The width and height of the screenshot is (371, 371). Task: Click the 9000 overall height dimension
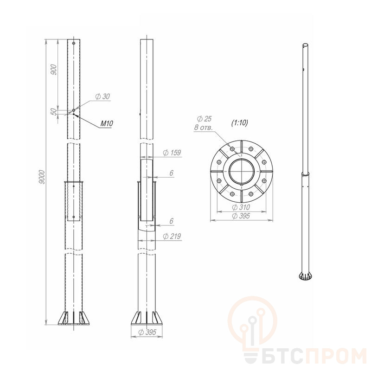[42, 177]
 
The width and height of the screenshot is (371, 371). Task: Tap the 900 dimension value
[54, 70]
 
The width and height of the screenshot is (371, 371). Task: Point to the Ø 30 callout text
[102, 96]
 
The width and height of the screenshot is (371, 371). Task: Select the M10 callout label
[107, 123]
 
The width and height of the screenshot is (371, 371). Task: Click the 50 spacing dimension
[54, 111]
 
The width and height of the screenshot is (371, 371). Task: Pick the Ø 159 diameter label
[172, 153]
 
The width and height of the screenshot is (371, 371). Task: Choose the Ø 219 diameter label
[172, 236]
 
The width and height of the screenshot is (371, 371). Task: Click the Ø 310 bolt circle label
[241, 207]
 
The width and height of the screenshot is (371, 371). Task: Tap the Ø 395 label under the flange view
[241, 216]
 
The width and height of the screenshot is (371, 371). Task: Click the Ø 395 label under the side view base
[147, 332]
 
